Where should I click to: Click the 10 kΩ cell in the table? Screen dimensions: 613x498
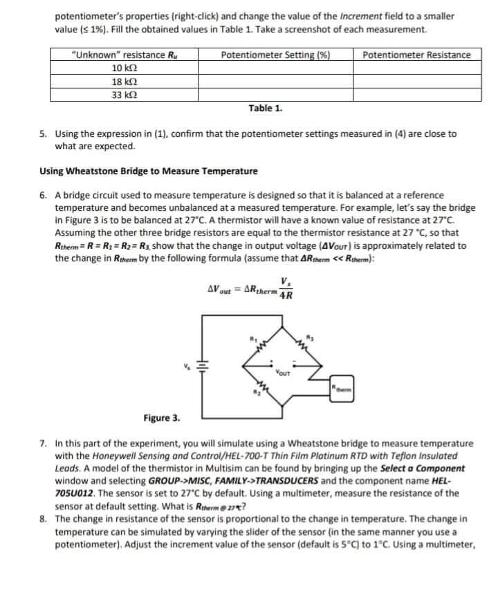tap(124, 68)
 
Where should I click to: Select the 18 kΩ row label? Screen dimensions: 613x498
tap(124, 81)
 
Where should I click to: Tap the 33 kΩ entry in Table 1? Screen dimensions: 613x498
tap(124, 93)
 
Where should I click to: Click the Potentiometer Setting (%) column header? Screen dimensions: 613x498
tap(275, 55)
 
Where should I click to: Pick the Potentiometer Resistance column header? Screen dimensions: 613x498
tap(416, 55)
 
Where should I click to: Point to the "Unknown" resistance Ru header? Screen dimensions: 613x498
tap(124, 55)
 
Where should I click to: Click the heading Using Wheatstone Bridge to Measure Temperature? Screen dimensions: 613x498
tap(148, 171)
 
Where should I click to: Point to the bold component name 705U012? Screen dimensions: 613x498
tap(75, 493)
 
